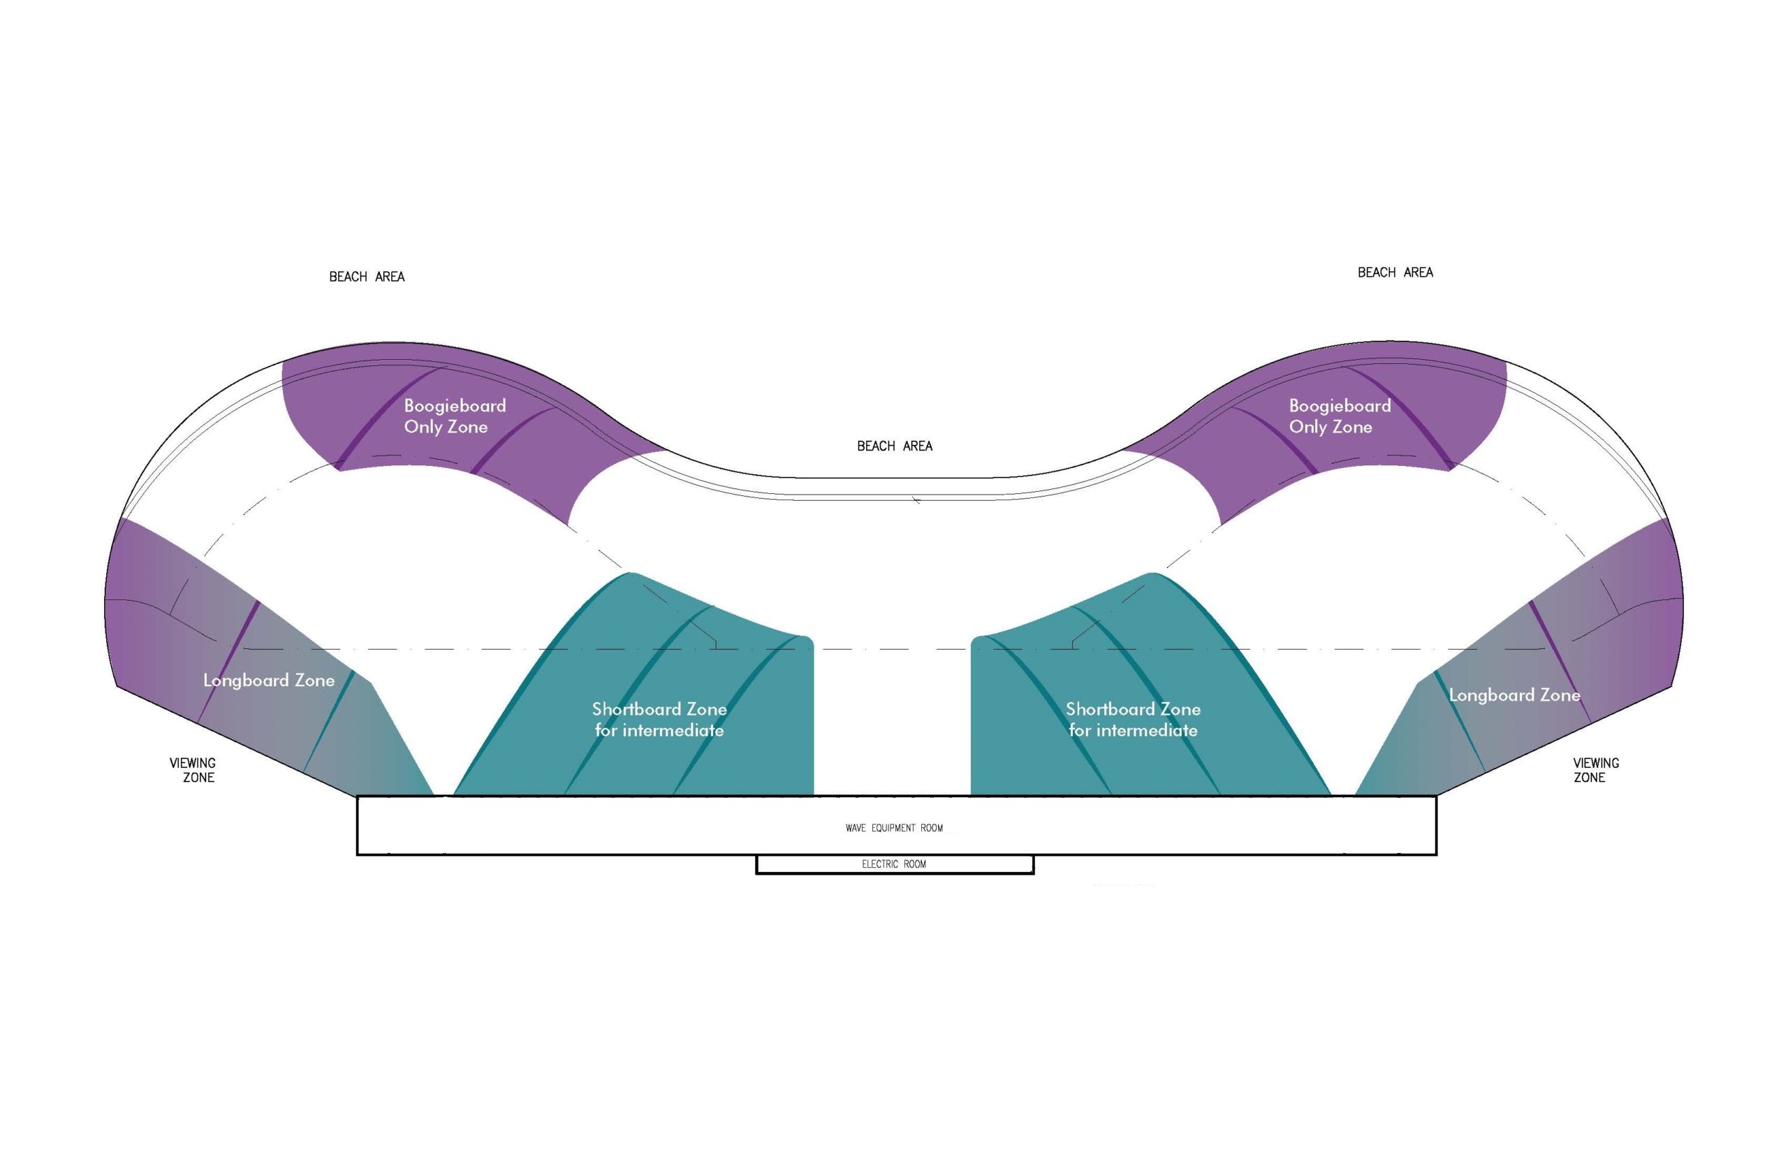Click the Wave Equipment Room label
[893, 828]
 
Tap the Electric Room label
[893, 864]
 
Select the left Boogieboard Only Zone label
[454, 416]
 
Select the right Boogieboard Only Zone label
[1339, 416]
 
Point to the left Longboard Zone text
[269, 681]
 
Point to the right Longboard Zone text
[1514, 696]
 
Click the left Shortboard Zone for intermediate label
[659, 720]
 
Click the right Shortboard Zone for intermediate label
[1132, 720]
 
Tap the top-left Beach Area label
[367, 277]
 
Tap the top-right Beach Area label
[1395, 272]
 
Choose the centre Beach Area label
[895, 446]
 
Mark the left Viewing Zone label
[193, 770]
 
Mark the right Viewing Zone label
[1595, 770]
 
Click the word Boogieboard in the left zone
[454, 406]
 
